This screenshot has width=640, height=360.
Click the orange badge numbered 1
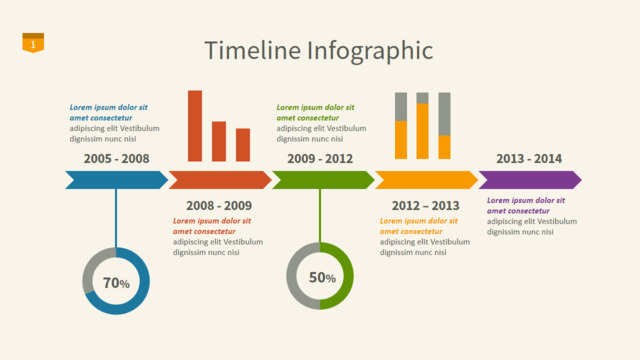33,43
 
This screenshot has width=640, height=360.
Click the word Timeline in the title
253,50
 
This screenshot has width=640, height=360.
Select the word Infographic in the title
370,51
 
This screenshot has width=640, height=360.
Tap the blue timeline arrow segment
116,180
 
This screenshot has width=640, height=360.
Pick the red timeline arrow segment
220,180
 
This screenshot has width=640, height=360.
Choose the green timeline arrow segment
323,180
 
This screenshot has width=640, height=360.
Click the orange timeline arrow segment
427,180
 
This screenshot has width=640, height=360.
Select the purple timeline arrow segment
530,180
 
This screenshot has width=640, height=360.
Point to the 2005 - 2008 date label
116,158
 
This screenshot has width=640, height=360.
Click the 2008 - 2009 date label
219,205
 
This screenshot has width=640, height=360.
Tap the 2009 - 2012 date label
320,158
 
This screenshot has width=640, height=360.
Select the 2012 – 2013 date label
426,205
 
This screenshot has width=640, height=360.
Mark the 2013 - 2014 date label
529,158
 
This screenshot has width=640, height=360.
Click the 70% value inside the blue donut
116,282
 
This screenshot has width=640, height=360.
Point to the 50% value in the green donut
322,278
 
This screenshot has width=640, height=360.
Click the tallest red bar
195,126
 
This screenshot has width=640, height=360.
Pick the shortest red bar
243,145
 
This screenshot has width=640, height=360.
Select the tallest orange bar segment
422,131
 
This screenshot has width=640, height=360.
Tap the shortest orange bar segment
444,147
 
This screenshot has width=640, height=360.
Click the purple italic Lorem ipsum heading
526,206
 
